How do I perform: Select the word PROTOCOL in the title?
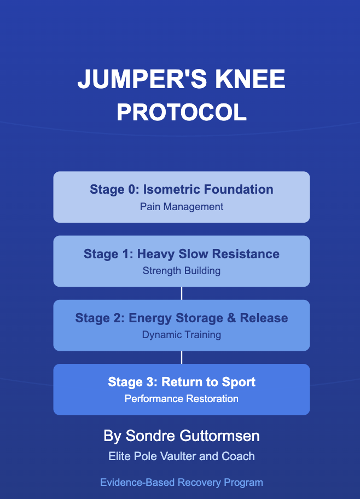[x=182, y=113]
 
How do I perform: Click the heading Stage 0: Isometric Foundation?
[x=182, y=190]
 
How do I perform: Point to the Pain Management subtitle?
[x=182, y=207]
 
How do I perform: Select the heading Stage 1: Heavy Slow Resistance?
[x=182, y=254]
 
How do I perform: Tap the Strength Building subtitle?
[x=182, y=271]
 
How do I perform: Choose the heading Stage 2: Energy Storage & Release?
[x=182, y=318]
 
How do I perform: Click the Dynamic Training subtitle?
[x=182, y=335]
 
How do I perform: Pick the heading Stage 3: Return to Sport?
[x=182, y=382]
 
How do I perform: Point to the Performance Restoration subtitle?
[x=182, y=399]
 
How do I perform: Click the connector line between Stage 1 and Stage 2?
[x=182, y=293]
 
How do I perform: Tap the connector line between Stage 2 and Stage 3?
[x=182, y=357]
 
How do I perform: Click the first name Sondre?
[x=144, y=436]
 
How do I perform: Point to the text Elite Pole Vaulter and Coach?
[x=182, y=456]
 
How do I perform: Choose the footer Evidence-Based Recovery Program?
[x=182, y=483]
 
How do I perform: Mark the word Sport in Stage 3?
[x=239, y=382]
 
